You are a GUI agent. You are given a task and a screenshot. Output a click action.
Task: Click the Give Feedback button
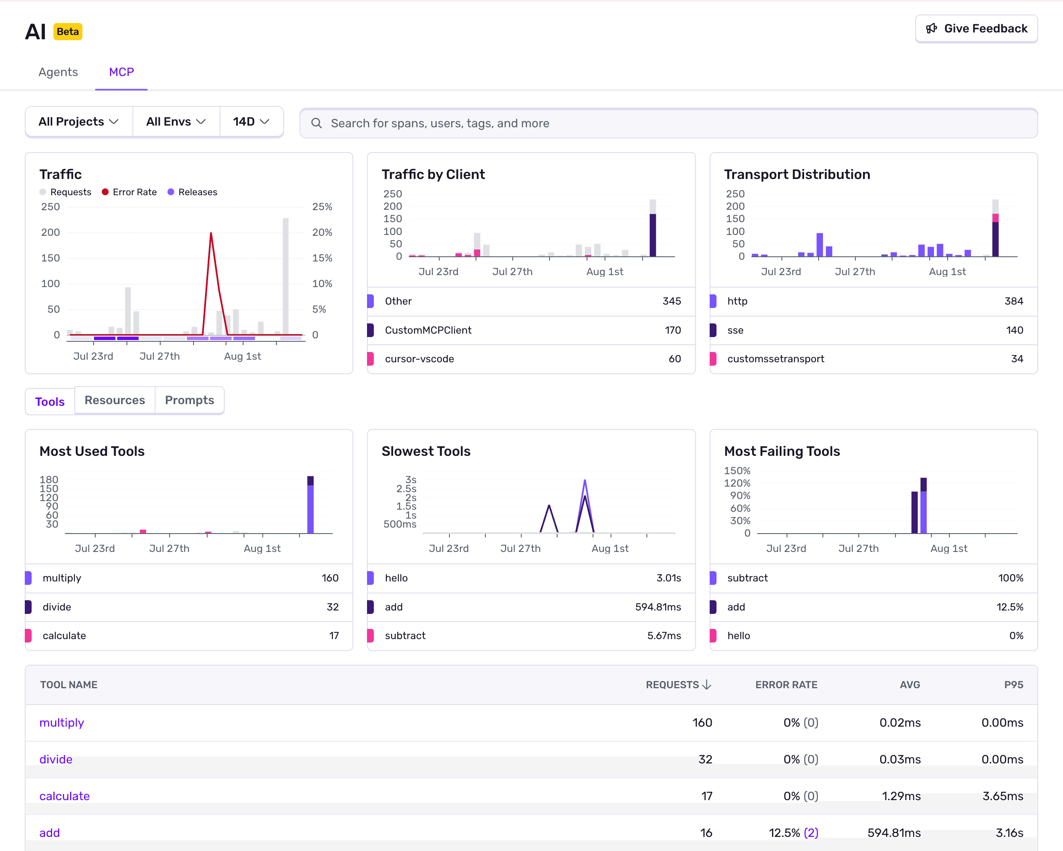(976, 29)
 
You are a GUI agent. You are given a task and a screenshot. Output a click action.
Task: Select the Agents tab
(58, 72)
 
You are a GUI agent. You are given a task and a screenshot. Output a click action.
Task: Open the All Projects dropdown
(78, 122)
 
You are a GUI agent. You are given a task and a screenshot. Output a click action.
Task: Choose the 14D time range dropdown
(251, 122)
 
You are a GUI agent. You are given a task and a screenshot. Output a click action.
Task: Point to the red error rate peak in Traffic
(211, 233)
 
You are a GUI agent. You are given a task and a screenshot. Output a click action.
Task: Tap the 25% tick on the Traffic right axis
(322, 207)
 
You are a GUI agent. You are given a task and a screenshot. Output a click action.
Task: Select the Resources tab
(115, 400)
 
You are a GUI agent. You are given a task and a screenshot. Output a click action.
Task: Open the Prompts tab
(189, 400)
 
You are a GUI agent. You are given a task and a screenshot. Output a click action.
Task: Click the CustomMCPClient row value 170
(672, 330)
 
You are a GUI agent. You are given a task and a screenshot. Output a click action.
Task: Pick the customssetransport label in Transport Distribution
(775, 359)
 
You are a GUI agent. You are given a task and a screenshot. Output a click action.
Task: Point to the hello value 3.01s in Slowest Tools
(668, 578)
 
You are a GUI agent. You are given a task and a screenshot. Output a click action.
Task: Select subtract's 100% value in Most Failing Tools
(1010, 578)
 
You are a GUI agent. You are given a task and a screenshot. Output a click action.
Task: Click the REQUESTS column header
(678, 685)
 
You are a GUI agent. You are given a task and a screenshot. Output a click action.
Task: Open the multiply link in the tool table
(62, 722)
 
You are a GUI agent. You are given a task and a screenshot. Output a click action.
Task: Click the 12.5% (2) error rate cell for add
(793, 833)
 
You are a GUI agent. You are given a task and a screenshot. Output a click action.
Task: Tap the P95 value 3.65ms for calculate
(1002, 796)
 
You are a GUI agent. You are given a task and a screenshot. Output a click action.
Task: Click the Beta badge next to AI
(68, 32)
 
